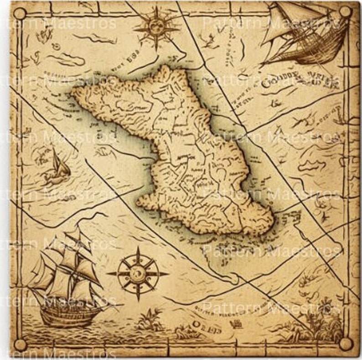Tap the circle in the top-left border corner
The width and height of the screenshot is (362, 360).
point(20,13)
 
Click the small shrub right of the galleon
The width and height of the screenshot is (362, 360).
point(151,319)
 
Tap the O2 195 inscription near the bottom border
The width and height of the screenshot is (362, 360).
point(201,325)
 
